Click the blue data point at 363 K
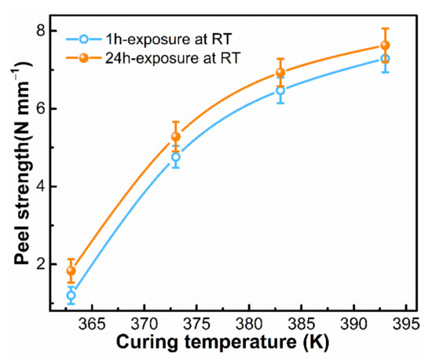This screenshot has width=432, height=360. [71, 296]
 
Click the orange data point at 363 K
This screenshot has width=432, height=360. [71, 270]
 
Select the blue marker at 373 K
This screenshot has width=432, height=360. [176, 157]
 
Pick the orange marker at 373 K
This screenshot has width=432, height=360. [176, 137]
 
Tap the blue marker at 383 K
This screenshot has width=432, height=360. [280, 90]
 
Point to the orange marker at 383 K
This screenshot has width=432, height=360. [280, 73]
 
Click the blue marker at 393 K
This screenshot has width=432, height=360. [385, 59]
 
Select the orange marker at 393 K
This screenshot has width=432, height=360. [385, 46]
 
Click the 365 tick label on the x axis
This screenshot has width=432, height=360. [92, 324]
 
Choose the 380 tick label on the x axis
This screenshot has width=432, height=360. [249, 324]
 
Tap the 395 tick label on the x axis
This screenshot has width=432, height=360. [405, 324]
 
